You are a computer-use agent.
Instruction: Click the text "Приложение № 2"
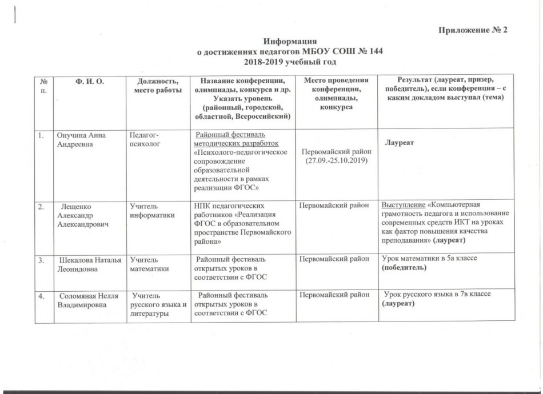(x=473, y=30)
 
